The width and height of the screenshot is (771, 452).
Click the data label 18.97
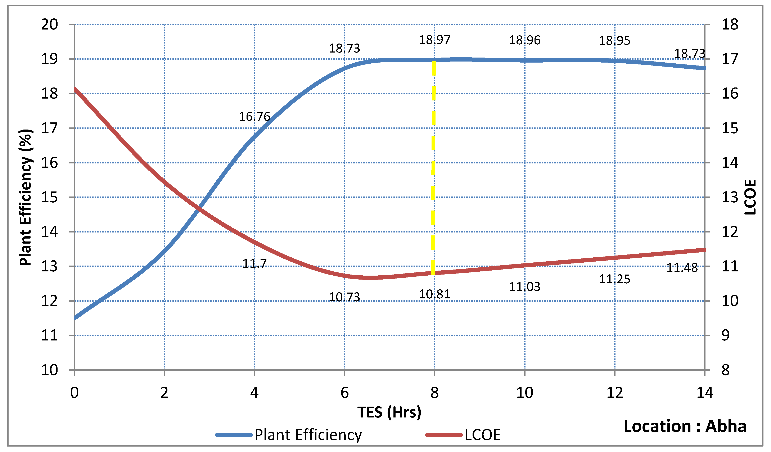pyautogui.click(x=434, y=40)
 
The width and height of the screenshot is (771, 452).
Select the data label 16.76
pyautogui.click(x=254, y=117)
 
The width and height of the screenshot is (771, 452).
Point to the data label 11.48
pyautogui.click(x=682, y=268)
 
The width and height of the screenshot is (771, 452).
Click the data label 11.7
pyautogui.click(x=254, y=263)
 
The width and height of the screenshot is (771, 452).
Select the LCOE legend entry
pyautogui.click(x=482, y=435)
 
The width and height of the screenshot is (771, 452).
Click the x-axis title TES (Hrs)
pyautogui.click(x=389, y=412)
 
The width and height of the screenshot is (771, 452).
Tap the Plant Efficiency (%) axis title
pyautogui.click(x=26, y=197)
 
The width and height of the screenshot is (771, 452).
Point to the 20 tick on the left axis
pyautogui.click(x=50, y=24)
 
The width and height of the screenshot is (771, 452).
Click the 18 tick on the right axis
pyautogui.click(x=730, y=24)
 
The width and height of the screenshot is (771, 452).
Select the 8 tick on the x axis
pyautogui.click(x=434, y=393)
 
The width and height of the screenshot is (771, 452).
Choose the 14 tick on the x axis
pyautogui.click(x=705, y=393)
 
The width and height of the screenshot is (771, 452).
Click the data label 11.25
pyautogui.click(x=614, y=279)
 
